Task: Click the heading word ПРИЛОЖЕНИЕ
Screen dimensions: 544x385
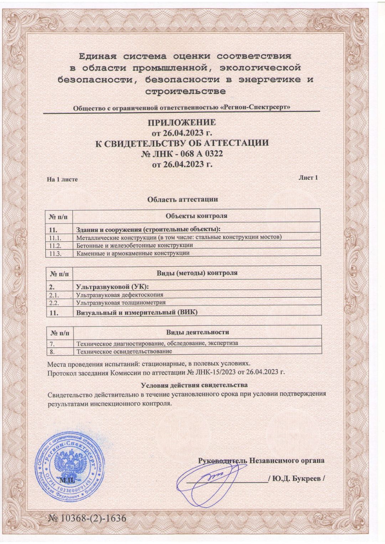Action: (x=182, y=123)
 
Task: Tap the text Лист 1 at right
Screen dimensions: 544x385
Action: (x=308, y=177)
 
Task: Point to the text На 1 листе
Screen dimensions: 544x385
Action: (x=62, y=179)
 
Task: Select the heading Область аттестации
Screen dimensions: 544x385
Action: (x=183, y=199)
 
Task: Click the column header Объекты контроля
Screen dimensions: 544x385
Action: (x=196, y=216)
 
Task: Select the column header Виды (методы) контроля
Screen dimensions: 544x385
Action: (x=197, y=273)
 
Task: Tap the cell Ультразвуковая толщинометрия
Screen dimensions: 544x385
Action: (x=121, y=303)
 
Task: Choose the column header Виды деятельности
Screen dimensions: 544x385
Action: (x=197, y=332)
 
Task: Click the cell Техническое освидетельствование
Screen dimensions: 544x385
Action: (x=124, y=351)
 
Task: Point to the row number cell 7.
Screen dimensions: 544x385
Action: (x=52, y=344)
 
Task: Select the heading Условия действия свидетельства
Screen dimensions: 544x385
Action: (x=194, y=385)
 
